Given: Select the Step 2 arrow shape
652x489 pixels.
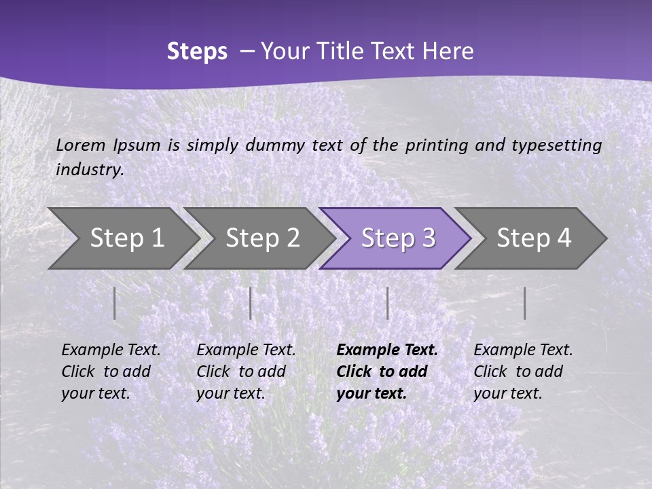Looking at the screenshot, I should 262,238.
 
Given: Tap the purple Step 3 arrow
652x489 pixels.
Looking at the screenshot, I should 398,238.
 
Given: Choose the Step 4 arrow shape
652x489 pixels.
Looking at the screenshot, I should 534,238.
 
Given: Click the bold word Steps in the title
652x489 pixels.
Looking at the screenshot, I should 197,52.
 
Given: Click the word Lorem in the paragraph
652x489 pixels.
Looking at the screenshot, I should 81,145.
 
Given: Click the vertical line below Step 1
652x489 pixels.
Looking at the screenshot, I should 115,303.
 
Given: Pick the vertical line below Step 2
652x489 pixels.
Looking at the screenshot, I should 251,303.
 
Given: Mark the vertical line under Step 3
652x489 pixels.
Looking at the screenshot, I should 387,303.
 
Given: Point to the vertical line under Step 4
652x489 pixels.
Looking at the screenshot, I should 525,303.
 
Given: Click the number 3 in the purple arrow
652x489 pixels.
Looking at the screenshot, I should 428,238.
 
